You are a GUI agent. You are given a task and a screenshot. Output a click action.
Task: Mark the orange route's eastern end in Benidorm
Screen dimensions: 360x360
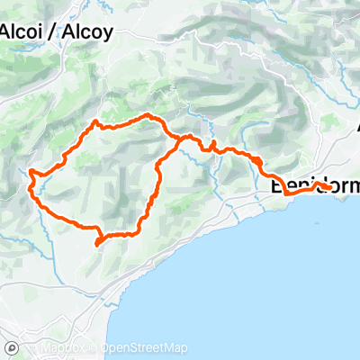[x=334, y=187]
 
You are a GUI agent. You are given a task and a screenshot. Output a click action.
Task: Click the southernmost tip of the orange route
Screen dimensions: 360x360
[x=97, y=243]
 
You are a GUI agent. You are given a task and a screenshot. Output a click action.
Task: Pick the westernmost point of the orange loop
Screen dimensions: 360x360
[x=31, y=171]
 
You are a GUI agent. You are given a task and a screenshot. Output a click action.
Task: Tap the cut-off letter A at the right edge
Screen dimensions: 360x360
[x=356, y=126]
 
